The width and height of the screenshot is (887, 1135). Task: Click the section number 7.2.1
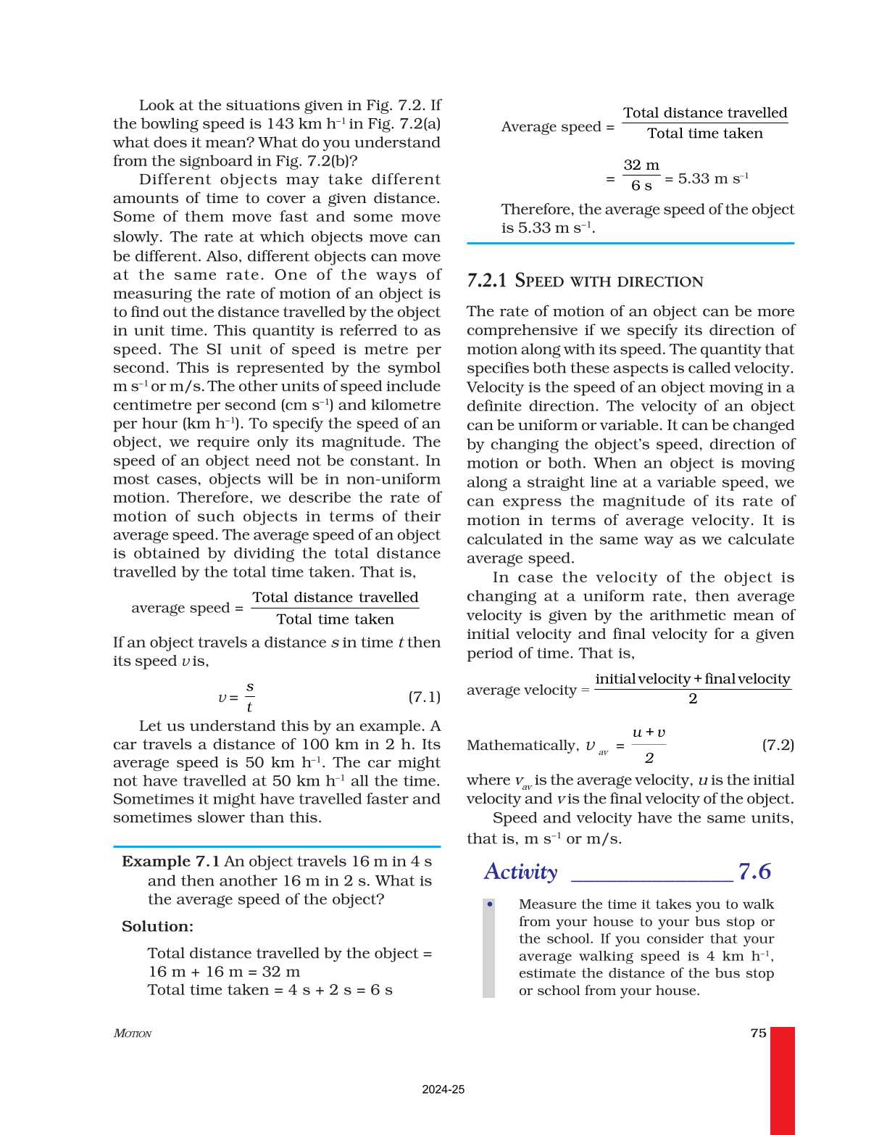point(486,281)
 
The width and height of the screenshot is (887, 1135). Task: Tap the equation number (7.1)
point(424,697)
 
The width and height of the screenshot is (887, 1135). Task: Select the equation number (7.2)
point(778,745)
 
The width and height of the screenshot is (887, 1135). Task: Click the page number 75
point(758,1033)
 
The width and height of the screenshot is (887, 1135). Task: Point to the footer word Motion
point(133,1033)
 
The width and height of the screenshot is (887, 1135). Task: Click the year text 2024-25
point(443,1089)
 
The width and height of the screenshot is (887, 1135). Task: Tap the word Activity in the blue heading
point(520,872)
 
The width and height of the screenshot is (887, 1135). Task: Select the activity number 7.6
point(754,872)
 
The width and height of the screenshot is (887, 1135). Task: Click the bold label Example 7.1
point(170,862)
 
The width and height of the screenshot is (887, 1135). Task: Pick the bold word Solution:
point(157,926)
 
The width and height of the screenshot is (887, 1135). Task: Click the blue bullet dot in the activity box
point(490,904)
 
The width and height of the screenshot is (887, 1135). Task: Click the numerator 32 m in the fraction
point(641,165)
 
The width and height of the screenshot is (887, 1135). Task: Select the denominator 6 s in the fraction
point(641,186)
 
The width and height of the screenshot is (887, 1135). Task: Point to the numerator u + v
point(649,732)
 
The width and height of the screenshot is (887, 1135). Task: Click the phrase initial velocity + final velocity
point(692,679)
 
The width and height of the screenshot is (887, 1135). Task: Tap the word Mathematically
point(522,746)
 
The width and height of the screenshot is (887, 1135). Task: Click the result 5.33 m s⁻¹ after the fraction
point(712,178)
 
